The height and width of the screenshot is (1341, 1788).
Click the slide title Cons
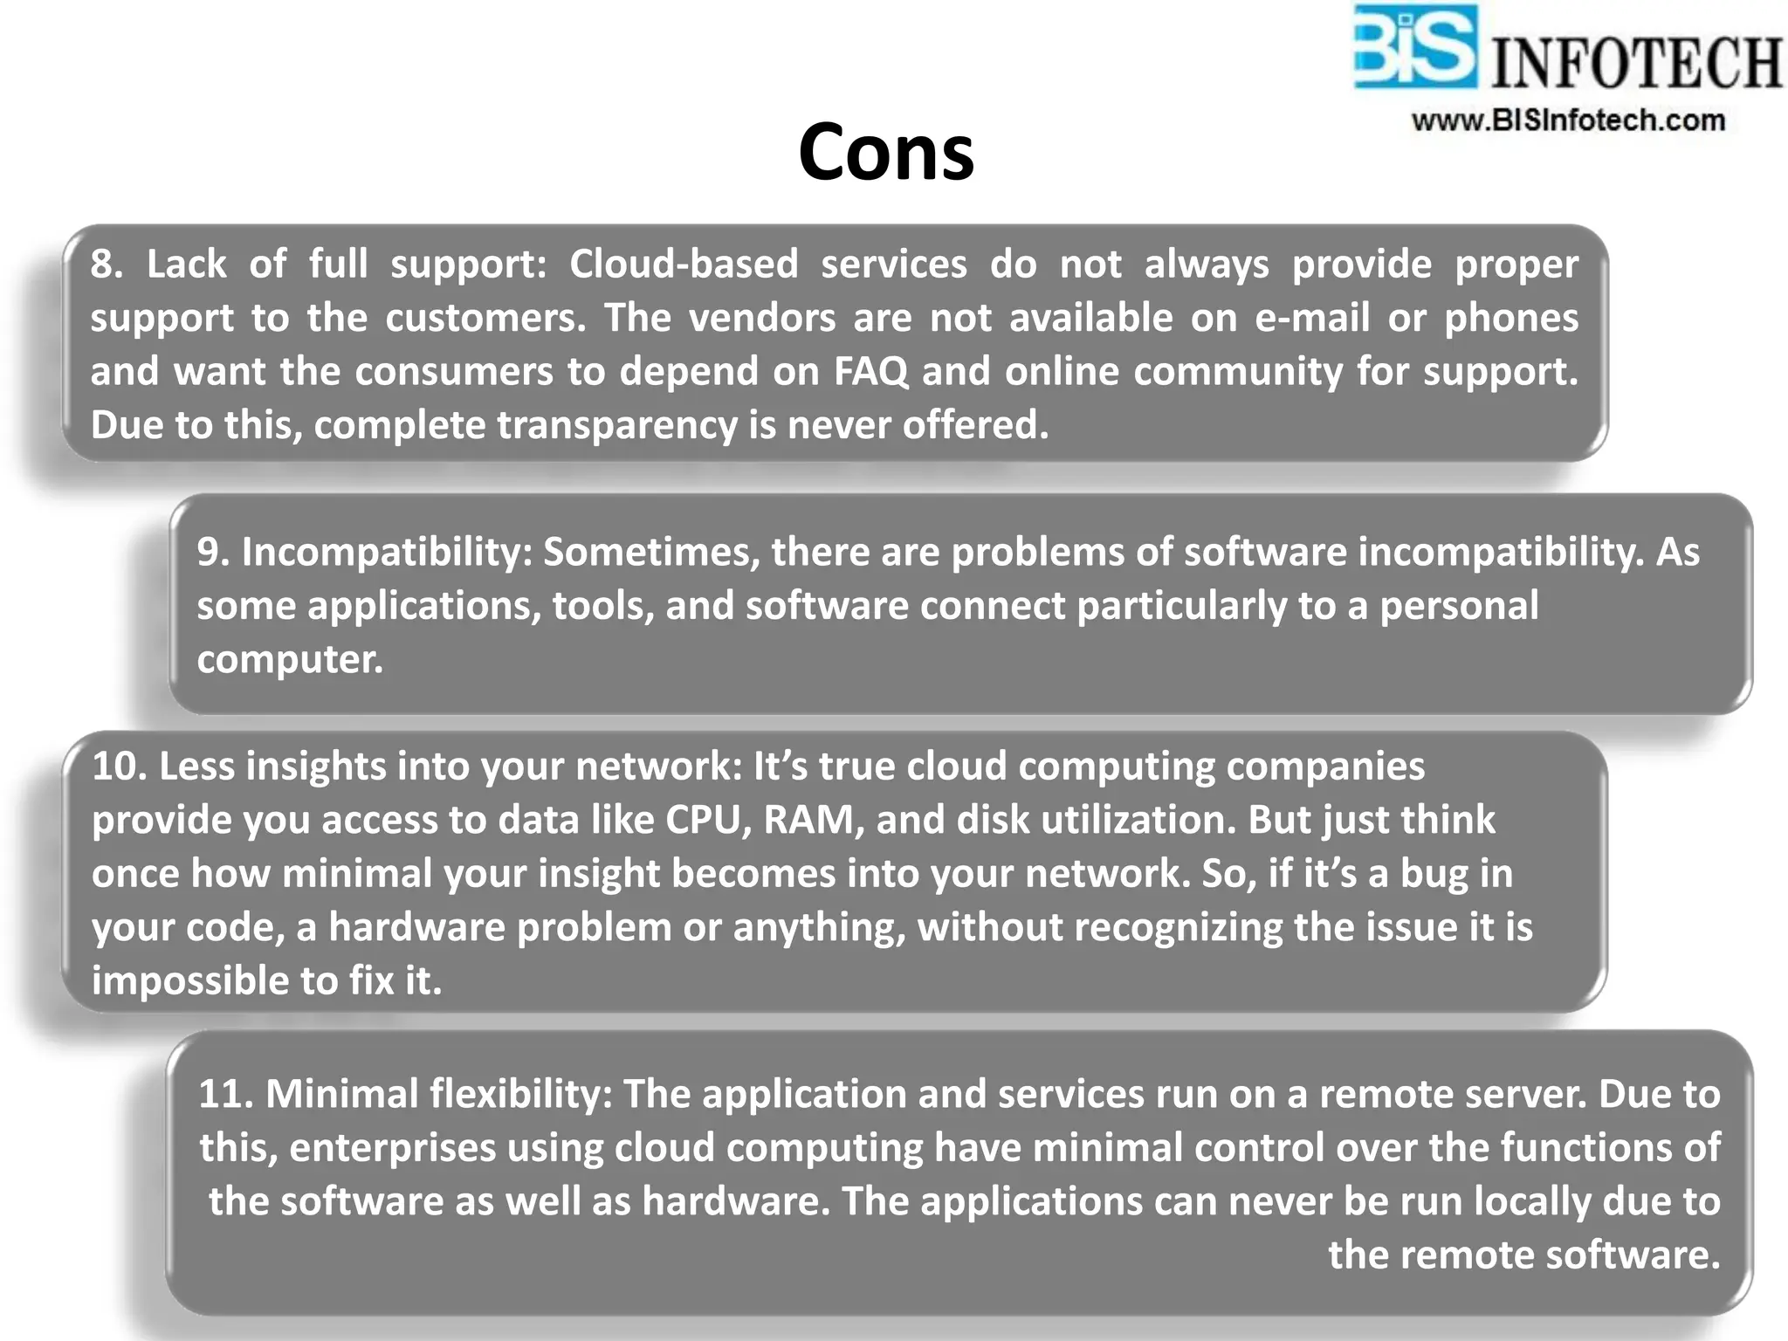coord(885,152)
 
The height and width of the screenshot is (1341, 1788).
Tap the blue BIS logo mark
coord(1414,47)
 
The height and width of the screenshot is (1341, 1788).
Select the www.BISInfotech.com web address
coord(1568,120)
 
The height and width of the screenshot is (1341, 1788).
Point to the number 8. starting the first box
coord(107,264)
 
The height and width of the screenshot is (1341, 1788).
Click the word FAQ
coord(870,371)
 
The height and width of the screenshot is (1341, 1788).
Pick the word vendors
coord(762,318)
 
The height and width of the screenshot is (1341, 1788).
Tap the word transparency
coord(616,425)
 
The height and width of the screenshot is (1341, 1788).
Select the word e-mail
coord(1312,318)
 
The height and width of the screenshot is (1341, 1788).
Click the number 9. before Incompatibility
coord(213,552)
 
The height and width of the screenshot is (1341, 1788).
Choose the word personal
coord(1458,606)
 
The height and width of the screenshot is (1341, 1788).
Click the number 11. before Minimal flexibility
coord(225,1094)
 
